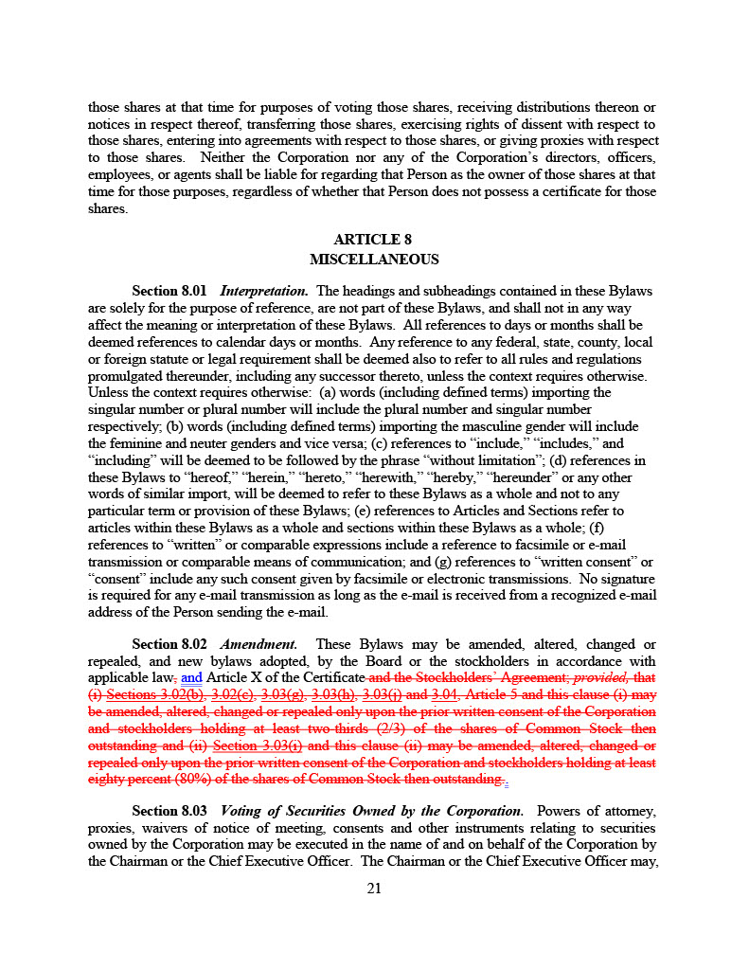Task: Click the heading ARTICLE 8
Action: [373, 240]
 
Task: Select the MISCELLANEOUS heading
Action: [374, 259]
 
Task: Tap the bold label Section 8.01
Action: [169, 291]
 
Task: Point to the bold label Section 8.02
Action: [169, 644]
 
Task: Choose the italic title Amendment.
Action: [259, 644]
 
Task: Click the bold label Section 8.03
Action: [169, 811]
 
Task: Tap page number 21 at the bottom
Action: [374, 888]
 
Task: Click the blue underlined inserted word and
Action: [191, 678]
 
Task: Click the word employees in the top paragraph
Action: [119, 175]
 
